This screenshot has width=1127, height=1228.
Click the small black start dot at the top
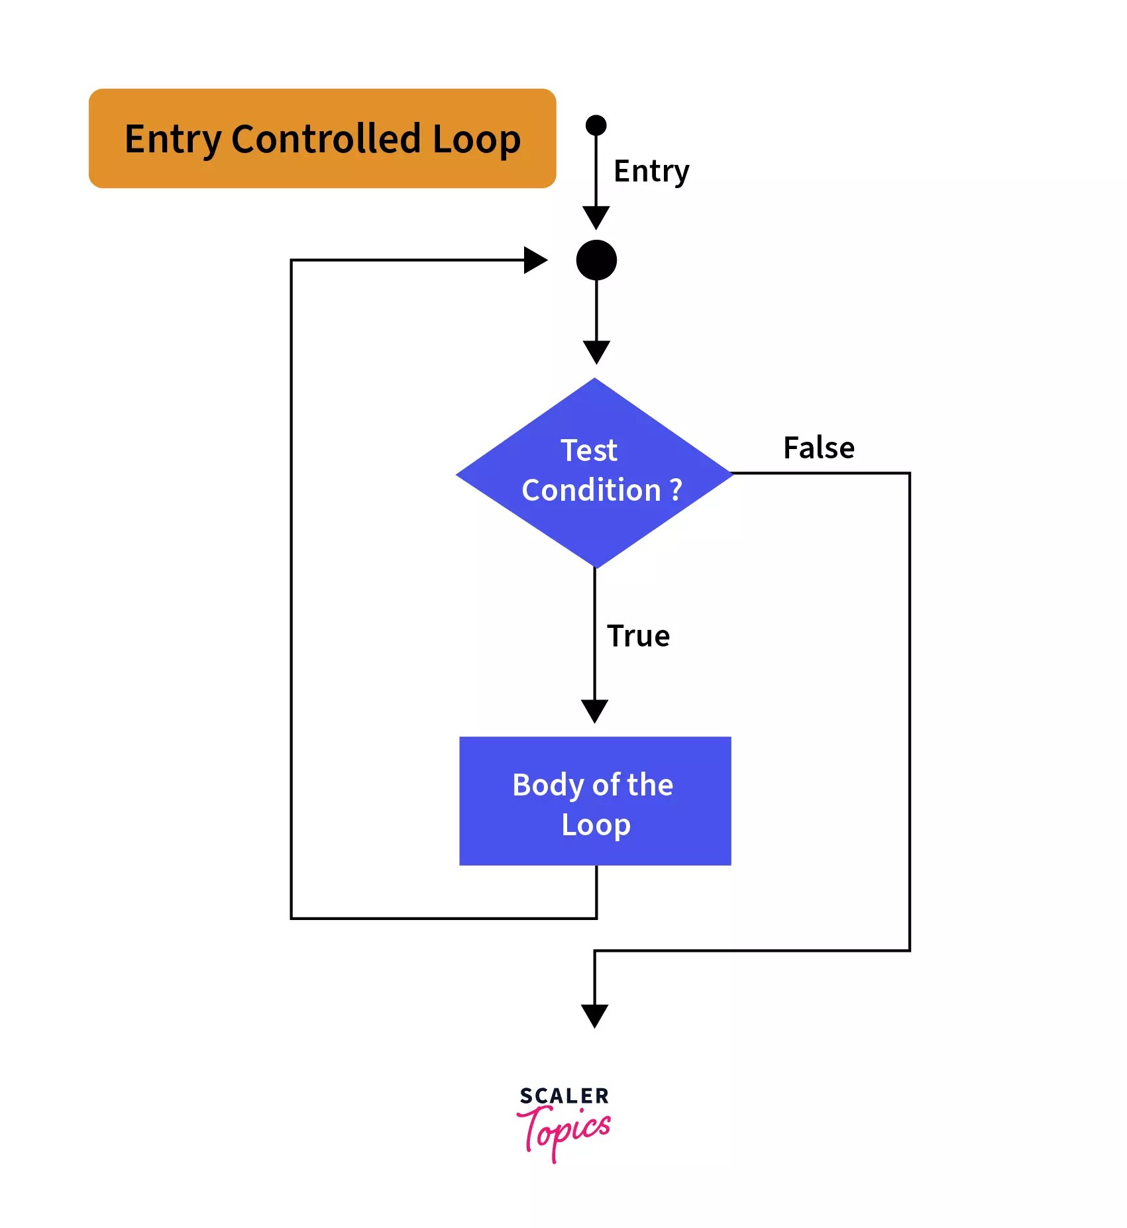[596, 125]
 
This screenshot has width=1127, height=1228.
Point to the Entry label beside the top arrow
[651, 172]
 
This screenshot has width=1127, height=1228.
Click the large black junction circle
[596, 260]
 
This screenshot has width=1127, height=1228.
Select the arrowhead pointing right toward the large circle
[535, 260]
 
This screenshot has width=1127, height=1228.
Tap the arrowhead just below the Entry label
[596, 217]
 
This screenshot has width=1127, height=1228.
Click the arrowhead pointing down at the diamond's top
[596, 351]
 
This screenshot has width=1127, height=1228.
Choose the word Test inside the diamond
[588, 450]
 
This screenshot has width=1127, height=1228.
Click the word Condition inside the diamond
[591, 490]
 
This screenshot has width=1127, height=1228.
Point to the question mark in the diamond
[676, 490]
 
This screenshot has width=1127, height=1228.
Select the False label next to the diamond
[818, 448]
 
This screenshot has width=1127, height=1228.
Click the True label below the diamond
[638, 636]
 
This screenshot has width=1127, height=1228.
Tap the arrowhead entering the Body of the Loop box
[594, 711]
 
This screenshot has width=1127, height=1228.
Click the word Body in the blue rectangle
[547, 786]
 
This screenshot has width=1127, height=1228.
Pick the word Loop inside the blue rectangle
[595, 825]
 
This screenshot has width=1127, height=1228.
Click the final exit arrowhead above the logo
[594, 1015]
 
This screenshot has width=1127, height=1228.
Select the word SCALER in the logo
[564, 1096]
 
